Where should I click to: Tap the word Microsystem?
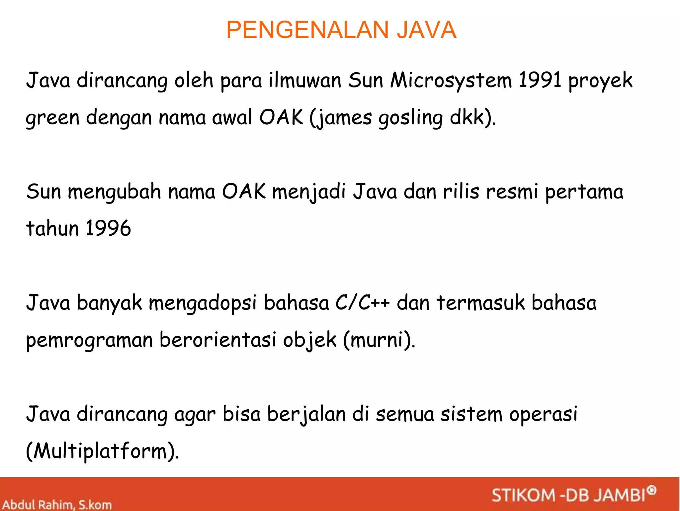click(451, 81)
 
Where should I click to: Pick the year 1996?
click(108, 229)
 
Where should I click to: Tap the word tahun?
click(52, 229)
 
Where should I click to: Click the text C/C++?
click(362, 303)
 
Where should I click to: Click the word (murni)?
click(379, 340)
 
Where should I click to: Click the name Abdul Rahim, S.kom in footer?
click(57, 505)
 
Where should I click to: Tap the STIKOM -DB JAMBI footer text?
click(568, 495)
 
